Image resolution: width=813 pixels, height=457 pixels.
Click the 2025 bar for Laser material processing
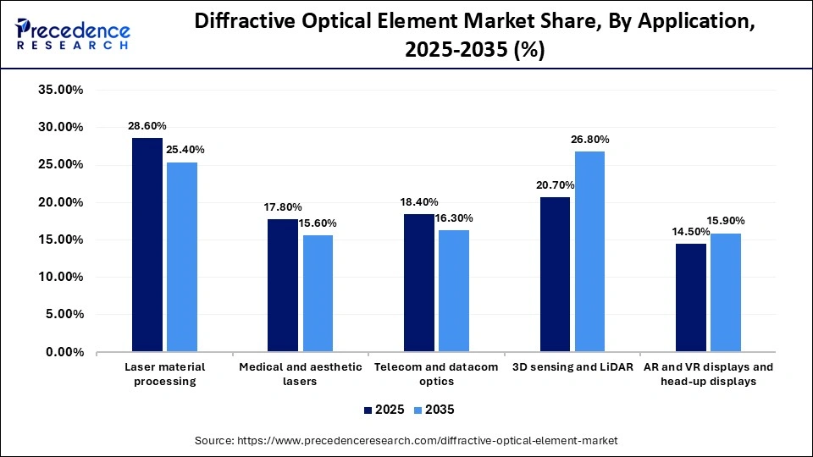(147, 245)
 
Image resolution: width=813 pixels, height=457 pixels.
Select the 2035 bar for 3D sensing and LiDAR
(589, 251)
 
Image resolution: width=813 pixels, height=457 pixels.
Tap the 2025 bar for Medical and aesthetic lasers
(283, 285)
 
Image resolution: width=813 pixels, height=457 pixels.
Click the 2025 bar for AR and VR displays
(691, 297)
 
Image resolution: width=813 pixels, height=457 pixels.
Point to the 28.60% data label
(147, 126)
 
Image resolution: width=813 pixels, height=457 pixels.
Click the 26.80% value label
(590, 140)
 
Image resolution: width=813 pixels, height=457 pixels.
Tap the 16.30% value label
(454, 218)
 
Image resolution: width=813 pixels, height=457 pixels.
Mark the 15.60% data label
(318, 223)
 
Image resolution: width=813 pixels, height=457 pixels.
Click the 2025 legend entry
(384, 410)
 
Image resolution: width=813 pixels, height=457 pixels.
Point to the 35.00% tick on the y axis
(59, 90)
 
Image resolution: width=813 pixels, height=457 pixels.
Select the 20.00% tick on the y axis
(59, 202)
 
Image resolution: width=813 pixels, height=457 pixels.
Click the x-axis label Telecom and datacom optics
(436, 374)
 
